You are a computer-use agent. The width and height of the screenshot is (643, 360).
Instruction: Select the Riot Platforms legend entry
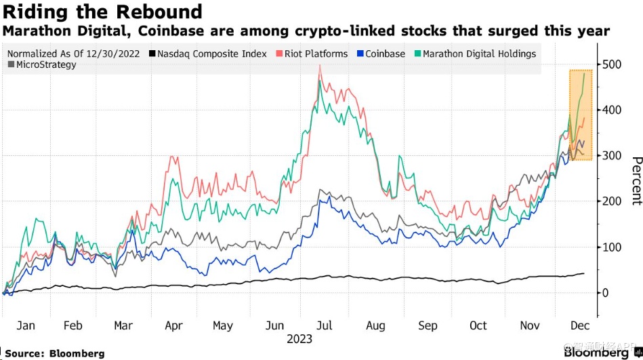[x=316, y=54]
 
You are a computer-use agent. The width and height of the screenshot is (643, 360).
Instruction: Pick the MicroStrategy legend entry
[x=46, y=65]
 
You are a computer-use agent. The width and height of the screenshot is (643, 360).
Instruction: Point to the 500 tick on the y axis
[x=613, y=64]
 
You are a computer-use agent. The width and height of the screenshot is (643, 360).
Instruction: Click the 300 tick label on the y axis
[x=613, y=156]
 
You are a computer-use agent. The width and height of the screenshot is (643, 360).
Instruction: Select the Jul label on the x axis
[x=325, y=325]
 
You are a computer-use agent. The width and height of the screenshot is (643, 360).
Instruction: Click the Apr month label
[x=174, y=325]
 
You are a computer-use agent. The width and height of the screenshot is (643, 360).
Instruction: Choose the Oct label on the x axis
[x=478, y=325]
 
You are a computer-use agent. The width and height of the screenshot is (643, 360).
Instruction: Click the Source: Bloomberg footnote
[x=55, y=353]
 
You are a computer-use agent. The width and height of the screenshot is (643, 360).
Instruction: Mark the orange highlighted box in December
[x=581, y=115]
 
